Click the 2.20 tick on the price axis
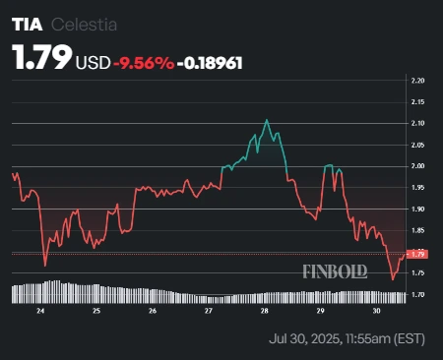417,80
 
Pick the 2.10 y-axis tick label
417,123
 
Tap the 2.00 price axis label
417,166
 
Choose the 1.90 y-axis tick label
417,210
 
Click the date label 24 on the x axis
40,311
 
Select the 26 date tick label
153,311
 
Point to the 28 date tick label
265,311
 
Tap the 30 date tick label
378,311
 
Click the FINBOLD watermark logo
334,269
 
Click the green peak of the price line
267,120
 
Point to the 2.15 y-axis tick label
417,101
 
